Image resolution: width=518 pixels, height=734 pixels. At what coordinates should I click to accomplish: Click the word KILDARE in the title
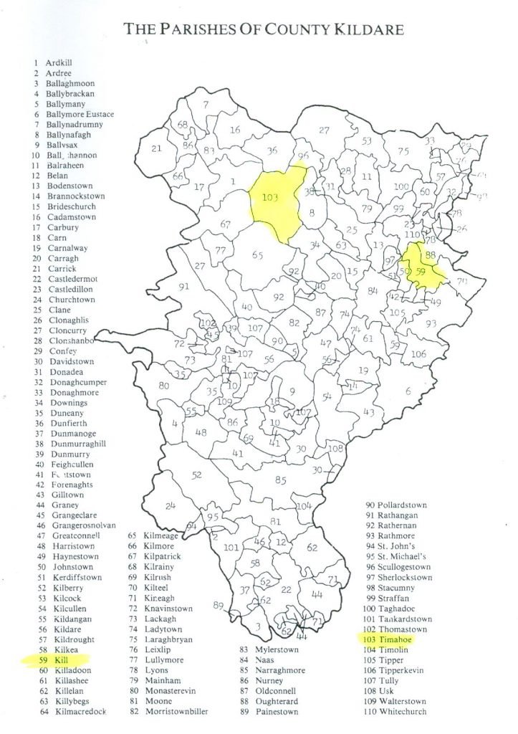pos(364,29)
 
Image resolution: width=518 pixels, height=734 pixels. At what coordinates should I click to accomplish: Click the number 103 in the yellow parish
pos(270,197)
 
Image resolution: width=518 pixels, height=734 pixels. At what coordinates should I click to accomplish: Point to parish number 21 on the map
pos(156,148)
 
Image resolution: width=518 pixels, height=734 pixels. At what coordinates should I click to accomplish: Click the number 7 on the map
pos(206,105)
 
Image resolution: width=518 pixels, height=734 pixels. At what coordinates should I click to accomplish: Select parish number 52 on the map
pos(196,475)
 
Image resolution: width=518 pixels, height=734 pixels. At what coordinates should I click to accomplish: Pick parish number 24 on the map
pos(170,506)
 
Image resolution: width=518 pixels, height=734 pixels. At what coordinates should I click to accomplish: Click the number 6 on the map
pos(408,391)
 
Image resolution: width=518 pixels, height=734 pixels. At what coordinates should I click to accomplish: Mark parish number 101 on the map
pos(230,548)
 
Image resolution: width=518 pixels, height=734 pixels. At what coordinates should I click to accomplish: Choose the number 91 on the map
pos(183,287)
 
